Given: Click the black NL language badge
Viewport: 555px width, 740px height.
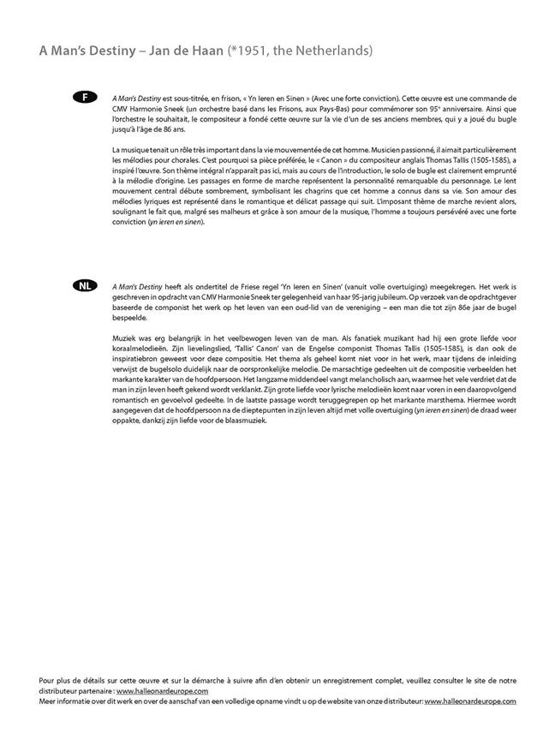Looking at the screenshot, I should coord(85,285).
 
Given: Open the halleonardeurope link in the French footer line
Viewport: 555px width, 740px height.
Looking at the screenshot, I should coord(162,690).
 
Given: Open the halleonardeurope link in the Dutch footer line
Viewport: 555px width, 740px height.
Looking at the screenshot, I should coord(469,701).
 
